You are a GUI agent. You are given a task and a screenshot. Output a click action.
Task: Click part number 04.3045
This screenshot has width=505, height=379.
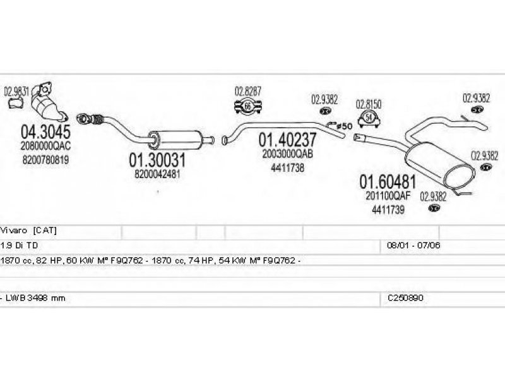click(45, 131)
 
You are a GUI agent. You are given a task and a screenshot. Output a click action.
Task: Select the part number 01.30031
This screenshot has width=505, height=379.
click(157, 160)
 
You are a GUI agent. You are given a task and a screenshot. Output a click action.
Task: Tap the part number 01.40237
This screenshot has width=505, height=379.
click(288, 139)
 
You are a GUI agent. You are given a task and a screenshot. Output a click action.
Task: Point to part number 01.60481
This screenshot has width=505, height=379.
click(388, 182)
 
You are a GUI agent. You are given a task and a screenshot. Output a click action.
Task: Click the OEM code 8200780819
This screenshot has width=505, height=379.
click(45, 160)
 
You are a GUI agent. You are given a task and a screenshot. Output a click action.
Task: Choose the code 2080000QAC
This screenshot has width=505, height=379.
click(45, 146)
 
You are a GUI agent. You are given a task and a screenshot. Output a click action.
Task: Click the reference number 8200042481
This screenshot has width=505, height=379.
click(157, 174)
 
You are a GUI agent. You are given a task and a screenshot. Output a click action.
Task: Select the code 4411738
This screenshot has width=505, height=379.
click(288, 168)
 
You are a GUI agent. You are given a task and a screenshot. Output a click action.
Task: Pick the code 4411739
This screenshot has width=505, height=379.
click(388, 210)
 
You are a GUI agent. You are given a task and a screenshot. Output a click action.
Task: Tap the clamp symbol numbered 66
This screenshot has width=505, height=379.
click(247, 105)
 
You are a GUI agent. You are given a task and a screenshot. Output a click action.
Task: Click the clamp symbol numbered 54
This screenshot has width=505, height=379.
click(369, 118)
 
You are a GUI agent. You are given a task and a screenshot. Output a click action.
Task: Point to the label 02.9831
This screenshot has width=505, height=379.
click(16, 92)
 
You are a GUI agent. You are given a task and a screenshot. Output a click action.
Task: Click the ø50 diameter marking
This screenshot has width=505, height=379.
click(344, 126)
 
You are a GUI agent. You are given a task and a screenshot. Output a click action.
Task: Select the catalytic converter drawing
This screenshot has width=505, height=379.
click(48, 103)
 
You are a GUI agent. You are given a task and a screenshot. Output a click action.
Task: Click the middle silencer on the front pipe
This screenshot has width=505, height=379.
click(177, 140)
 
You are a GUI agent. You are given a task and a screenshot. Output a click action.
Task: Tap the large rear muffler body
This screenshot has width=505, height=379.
click(440, 167)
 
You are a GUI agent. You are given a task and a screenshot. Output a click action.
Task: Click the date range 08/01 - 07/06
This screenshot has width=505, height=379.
click(413, 246)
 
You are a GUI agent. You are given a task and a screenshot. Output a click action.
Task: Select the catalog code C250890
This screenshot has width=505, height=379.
click(405, 298)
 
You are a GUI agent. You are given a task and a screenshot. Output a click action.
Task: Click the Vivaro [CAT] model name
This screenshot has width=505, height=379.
click(28, 231)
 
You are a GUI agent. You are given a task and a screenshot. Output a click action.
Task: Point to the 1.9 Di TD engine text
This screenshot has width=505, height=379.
click(20, 246)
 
